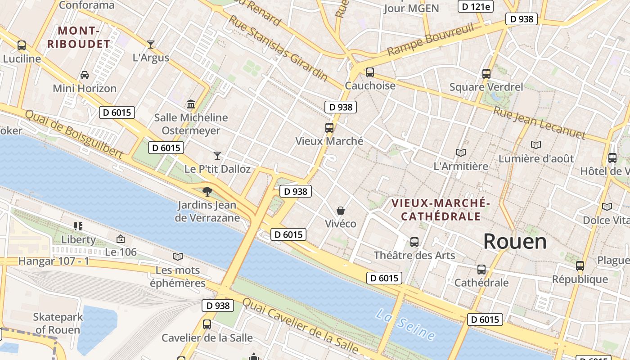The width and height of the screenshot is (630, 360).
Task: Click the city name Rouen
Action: click(x=515, y=242)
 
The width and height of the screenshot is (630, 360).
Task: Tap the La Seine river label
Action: click(x=405, y=324)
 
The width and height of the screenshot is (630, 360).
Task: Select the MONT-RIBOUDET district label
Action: click(x=85, y=37)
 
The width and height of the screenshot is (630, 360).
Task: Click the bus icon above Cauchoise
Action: click(x=370, y=72)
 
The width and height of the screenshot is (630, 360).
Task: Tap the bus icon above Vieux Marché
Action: click(x=329, y=128)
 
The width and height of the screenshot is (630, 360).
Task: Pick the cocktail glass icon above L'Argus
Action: click(x=151, y=44)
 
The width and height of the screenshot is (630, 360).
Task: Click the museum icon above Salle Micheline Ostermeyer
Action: click(x=191, y=104)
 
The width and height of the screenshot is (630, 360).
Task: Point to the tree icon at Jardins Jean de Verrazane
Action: click(x=207, y=192)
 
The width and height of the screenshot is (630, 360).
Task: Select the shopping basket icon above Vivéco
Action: click(x=341, y=211)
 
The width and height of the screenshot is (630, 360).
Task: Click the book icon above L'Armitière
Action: click(x=460, y=153)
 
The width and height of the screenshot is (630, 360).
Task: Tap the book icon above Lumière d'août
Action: click(x=535, y=145)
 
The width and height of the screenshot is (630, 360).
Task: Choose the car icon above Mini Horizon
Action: click(x=85, y=75)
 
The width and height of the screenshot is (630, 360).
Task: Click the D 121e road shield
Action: click(x=476, y=6)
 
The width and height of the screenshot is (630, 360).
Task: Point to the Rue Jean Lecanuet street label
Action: click(x=539, y=123)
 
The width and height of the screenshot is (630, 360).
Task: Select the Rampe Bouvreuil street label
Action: click(x=431, y=40)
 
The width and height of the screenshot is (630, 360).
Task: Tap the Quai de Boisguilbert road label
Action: click(x=74, y=134)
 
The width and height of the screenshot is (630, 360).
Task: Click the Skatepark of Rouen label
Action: click(x=58, y=323)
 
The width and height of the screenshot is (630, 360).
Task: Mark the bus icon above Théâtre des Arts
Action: click(x=414, y=242)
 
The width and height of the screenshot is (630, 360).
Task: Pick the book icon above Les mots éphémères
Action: click(x=178, y=256)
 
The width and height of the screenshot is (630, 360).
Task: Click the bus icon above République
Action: click(x=580, y=266)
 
